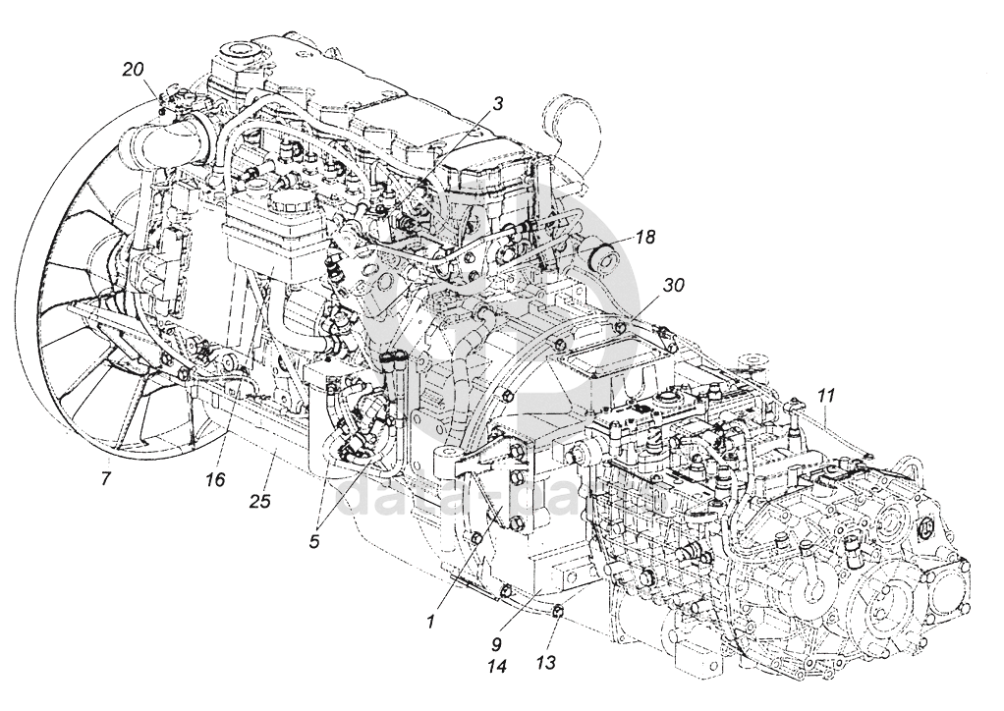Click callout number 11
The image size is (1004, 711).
[826, 398]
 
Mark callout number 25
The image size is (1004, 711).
[260, 501]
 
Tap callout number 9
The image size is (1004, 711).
[497, 645]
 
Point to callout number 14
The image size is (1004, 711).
[497, 667]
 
